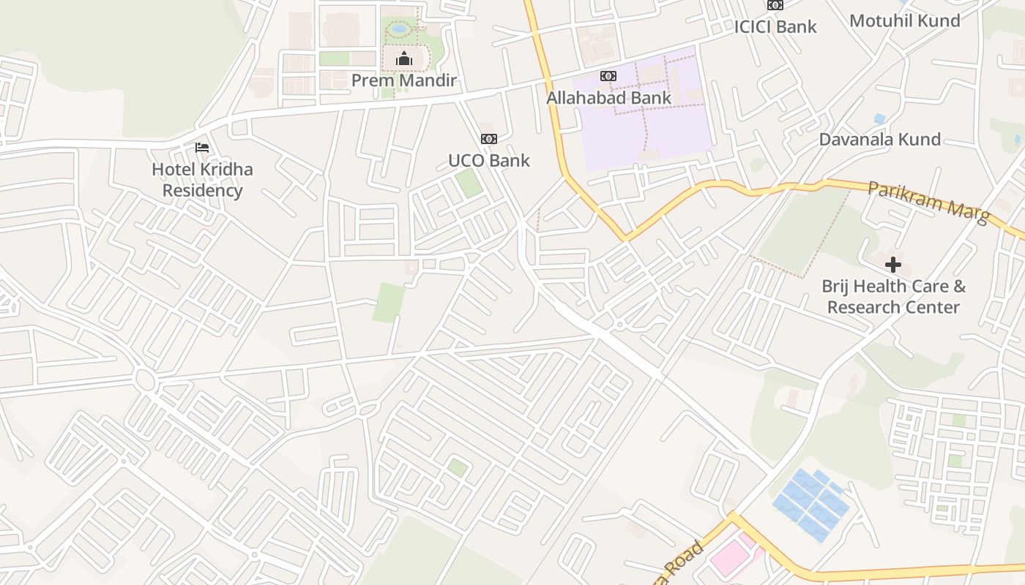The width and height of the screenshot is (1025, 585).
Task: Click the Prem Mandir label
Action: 403,80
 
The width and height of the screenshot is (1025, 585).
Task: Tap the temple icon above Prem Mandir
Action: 403,58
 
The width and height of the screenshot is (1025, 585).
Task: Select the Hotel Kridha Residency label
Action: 202,180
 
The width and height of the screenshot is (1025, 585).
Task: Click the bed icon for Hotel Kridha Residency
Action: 202,148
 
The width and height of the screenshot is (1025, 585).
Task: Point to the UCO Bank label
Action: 488,160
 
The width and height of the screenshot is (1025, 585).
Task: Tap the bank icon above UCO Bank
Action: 488,139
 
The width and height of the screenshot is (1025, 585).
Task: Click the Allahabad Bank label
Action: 608,97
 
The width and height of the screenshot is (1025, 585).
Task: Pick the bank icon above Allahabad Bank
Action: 608,76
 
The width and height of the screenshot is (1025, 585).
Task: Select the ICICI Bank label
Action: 775,26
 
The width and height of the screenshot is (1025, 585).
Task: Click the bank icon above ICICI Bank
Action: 775,5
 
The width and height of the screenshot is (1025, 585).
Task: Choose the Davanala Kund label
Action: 879,139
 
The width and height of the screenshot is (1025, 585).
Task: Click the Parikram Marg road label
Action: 928,202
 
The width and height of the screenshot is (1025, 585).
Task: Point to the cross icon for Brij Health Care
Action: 892,265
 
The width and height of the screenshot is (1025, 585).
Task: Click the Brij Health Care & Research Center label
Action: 893,296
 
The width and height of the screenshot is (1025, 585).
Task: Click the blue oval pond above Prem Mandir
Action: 399,29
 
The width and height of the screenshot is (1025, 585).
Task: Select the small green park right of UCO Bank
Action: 469,183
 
